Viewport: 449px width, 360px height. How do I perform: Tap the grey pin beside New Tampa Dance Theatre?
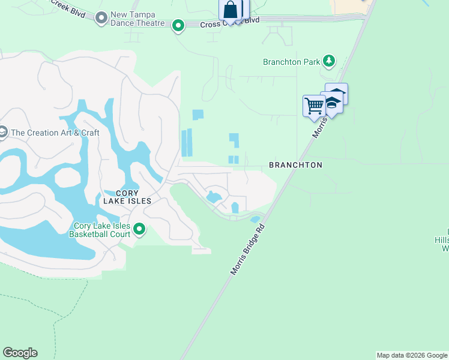(x=101, y=19)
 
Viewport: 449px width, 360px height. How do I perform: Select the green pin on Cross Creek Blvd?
(x=178, y=26)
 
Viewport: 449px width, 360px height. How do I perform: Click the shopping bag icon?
(x=231, y=10)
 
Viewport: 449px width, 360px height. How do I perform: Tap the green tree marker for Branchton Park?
(x=328, y=61)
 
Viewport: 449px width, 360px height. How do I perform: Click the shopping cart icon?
(x=314, y=106)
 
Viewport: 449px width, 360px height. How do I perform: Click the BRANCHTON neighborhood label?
(x=295, y=165)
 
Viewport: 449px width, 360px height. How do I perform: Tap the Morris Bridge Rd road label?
(x=248, y=250)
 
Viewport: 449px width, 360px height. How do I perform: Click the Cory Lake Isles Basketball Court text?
(x=101, y=230)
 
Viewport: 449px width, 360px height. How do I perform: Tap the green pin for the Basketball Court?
(x=139, y=229)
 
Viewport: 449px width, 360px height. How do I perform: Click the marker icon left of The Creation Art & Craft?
(x=2, y=132)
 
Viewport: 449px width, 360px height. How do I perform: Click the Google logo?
(x=20, y=353)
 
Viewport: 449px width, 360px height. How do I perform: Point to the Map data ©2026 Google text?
(x=412, y=355)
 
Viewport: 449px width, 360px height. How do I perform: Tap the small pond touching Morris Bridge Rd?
(x=255, y=219)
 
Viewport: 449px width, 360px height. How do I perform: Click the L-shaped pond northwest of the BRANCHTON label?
(x=234, y=140)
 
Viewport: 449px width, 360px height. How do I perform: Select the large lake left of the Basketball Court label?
(x=42, y=240)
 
